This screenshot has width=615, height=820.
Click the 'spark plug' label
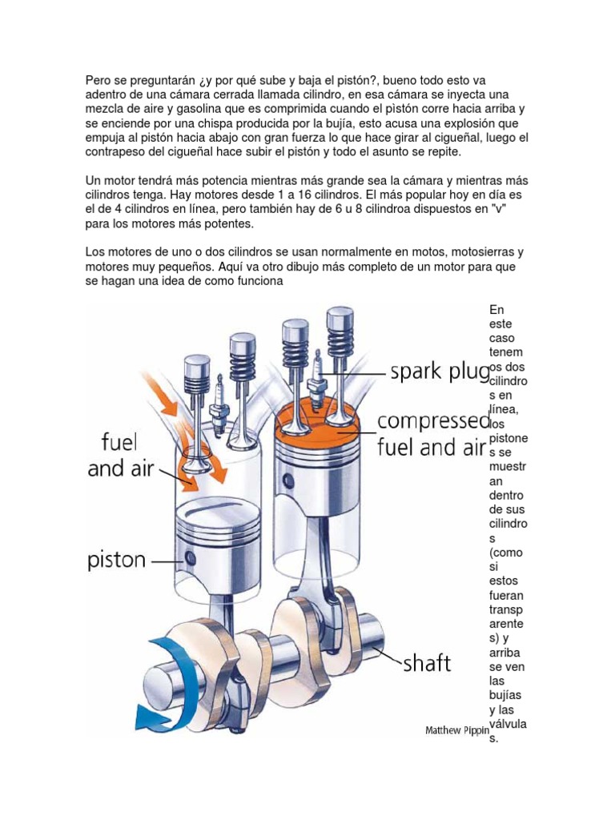click(x=439, y=372)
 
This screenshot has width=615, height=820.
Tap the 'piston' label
click(x=117, y=559)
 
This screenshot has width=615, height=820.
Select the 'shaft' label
click(x=425, y=662)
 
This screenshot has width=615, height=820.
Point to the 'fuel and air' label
click(x=113, y=454)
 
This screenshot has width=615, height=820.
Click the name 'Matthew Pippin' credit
click(x=456, y=730)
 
